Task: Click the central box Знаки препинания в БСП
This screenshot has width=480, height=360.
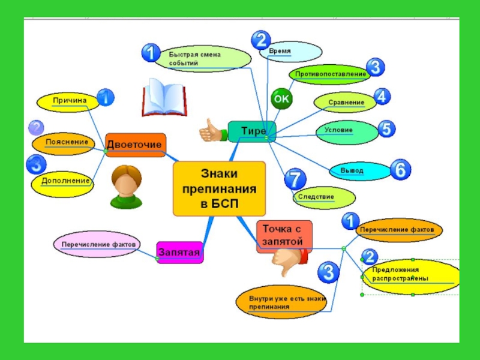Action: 219,188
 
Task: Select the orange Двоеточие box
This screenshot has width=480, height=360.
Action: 135,145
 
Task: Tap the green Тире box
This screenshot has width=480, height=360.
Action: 252,131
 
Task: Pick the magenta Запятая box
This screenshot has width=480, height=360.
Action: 179,253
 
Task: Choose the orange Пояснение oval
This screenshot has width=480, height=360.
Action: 62,143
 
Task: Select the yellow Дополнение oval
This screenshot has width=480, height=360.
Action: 64,181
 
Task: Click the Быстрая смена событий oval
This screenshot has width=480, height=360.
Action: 202,58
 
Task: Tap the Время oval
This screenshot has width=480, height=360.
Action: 286,52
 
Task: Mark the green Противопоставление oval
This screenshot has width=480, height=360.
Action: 330,74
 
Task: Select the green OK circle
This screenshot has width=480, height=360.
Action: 281,99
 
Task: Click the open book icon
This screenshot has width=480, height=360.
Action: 161,99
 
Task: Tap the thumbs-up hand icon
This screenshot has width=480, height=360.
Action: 211,130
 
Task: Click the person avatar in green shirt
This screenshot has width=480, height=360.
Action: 127,187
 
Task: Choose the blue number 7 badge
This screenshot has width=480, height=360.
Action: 294,179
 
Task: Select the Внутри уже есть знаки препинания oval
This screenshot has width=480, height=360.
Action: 281,302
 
